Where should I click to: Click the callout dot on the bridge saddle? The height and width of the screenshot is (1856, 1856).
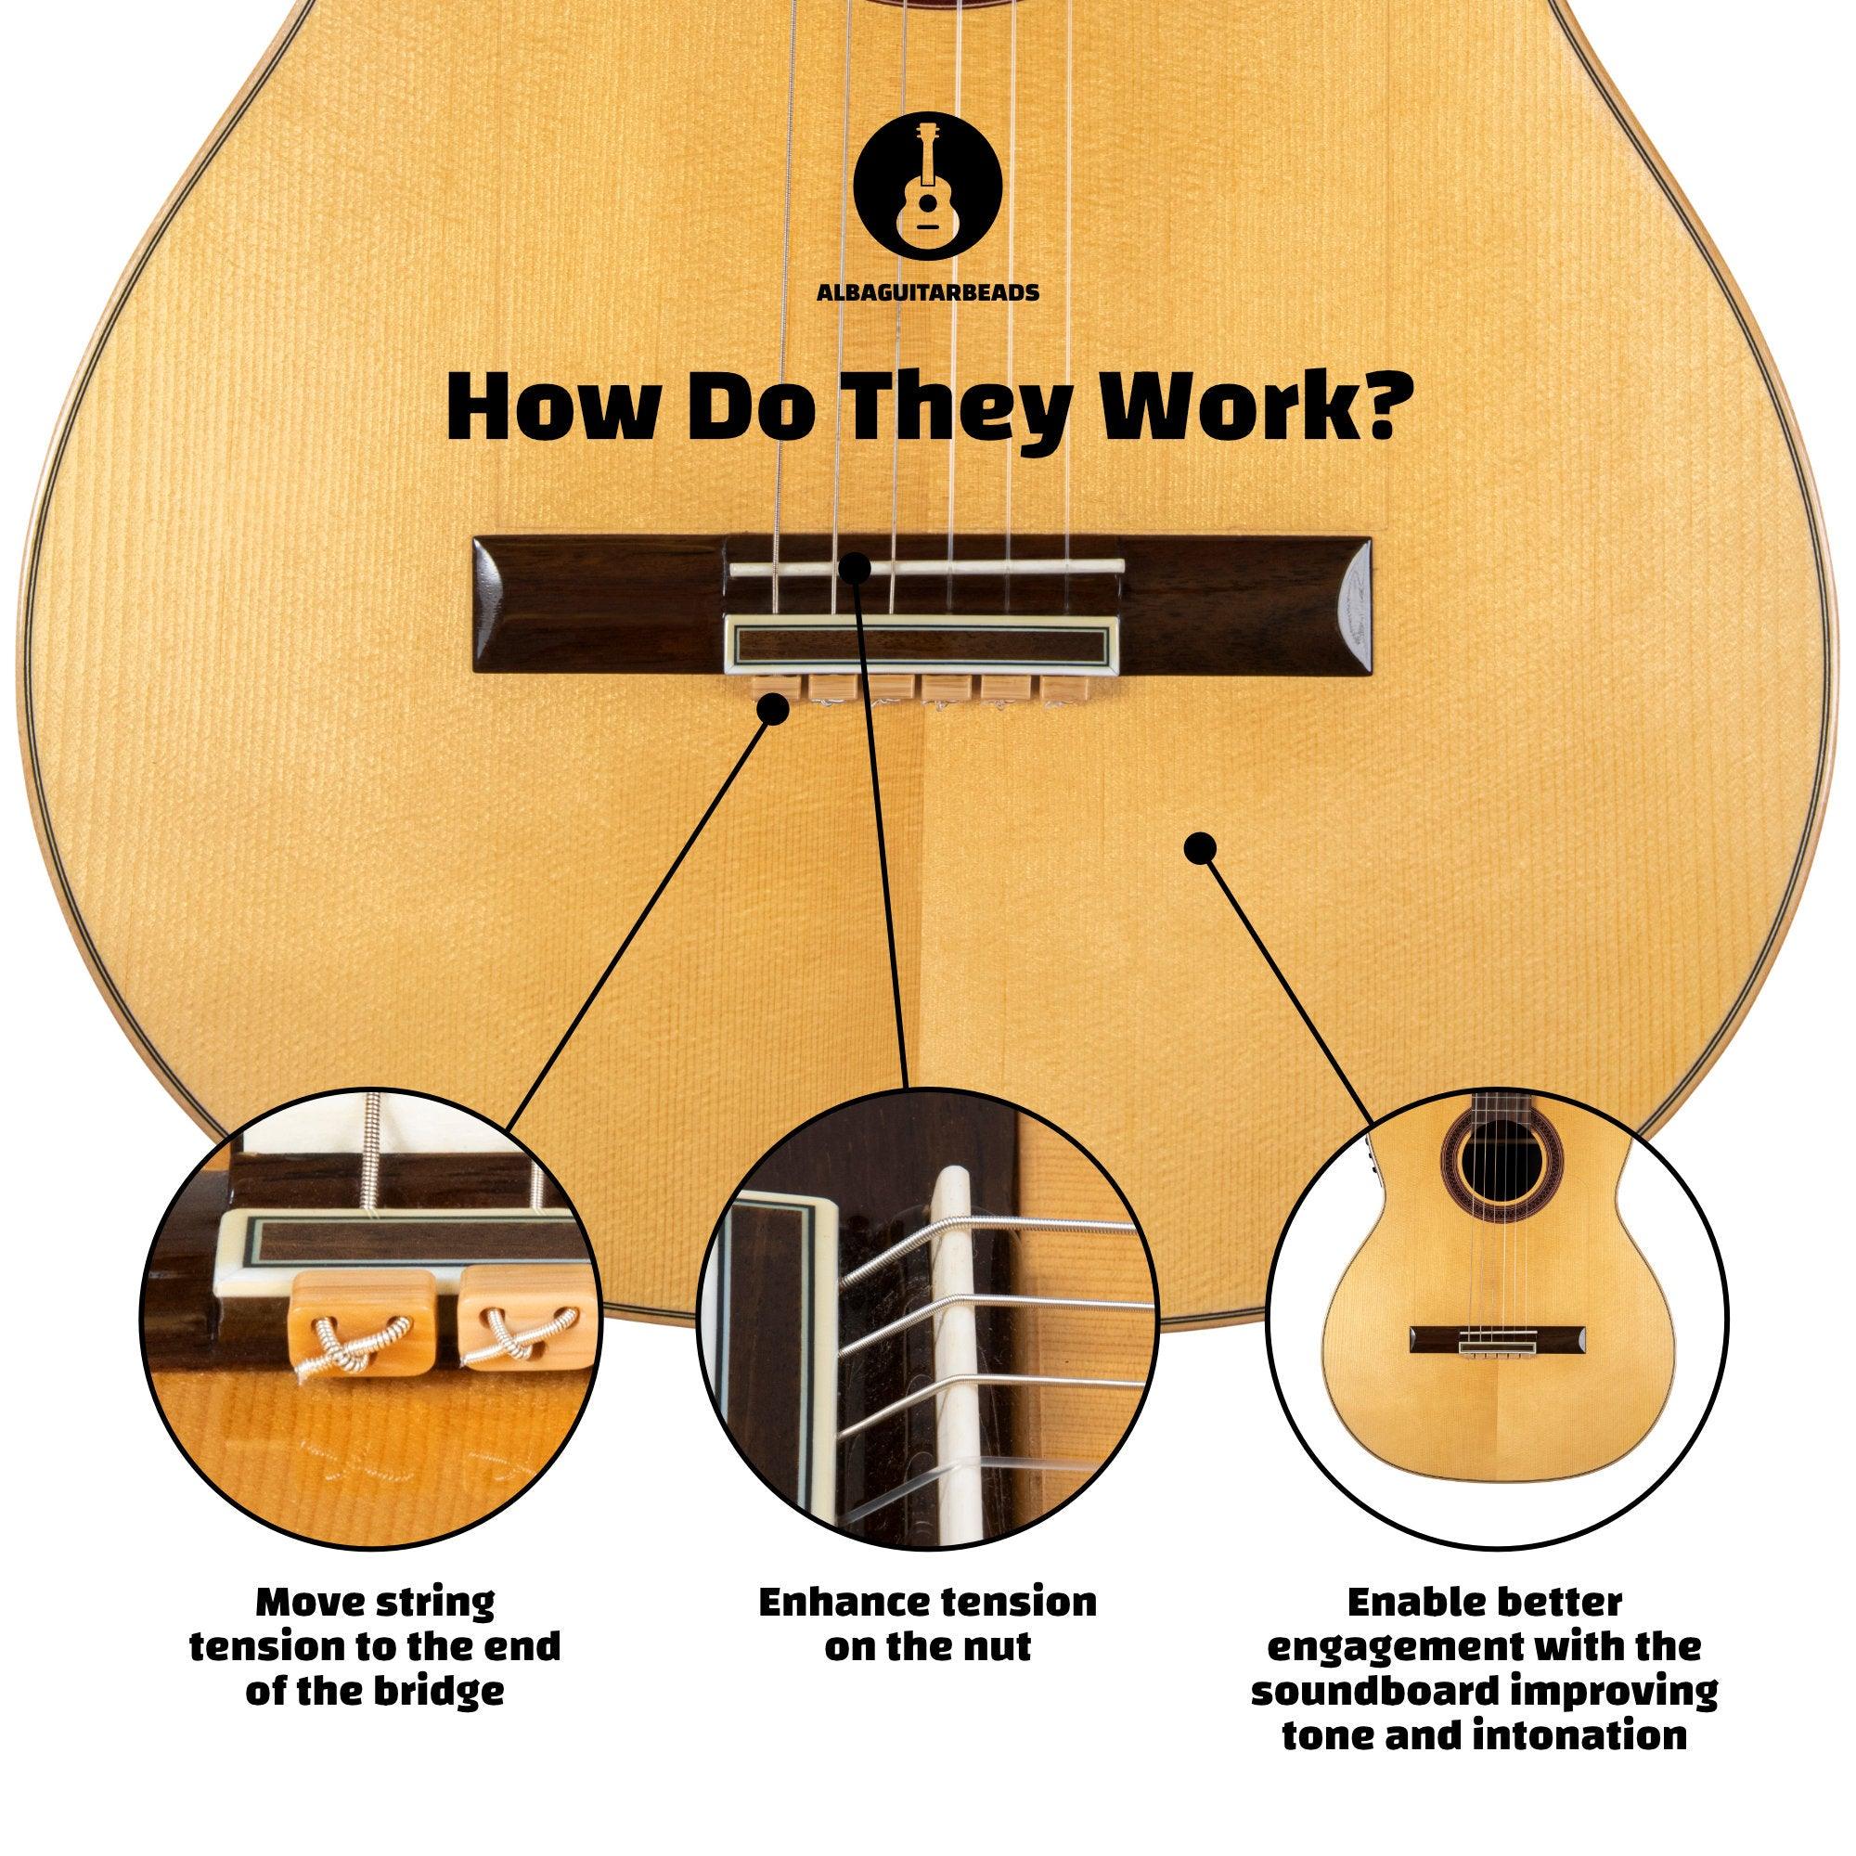(x=857, y=569)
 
